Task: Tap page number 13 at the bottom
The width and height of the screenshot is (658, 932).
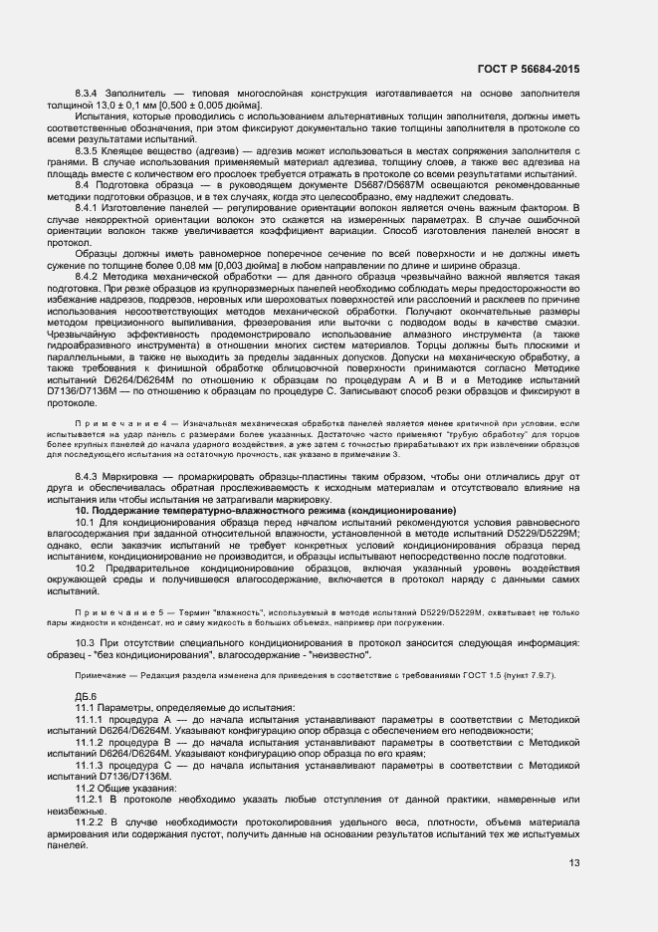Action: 573,863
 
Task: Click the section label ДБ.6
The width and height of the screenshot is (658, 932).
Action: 86,695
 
